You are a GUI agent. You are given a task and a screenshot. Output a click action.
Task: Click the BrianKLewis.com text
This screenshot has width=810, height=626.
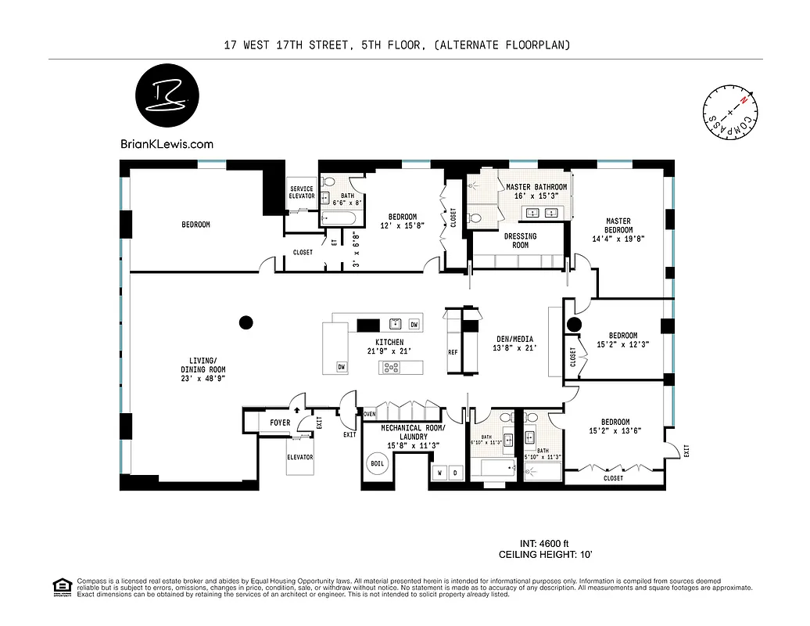click(167, 144)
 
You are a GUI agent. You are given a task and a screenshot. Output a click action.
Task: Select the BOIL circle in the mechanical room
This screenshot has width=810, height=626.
click(376, 462)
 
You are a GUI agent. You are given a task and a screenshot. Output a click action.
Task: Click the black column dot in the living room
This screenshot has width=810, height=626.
click(246, 322)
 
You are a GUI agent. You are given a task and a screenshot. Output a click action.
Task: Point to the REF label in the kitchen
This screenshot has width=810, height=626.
click(453, 352)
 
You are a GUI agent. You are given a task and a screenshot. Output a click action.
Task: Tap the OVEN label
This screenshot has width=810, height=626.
click(371, 414)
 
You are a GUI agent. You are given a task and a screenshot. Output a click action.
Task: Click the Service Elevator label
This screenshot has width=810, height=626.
click(302, 192)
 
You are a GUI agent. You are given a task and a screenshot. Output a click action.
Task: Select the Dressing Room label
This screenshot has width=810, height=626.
click(520, 240)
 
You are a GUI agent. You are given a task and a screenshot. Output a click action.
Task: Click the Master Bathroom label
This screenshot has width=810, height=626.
click(536, 188)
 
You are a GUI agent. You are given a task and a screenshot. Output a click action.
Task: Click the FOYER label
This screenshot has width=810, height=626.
click(280, 423)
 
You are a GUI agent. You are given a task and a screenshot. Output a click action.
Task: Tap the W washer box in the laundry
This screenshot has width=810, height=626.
click(439, 473)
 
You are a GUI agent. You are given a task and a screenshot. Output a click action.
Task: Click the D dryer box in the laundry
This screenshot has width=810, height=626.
click(456, 473)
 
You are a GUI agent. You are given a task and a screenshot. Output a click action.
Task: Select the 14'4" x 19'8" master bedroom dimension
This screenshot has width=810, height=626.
click(618, 240)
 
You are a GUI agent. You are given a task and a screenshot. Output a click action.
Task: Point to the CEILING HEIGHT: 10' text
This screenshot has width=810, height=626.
click(545, 555)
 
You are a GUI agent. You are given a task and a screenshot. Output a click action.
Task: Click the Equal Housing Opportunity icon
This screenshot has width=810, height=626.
click(61, 586)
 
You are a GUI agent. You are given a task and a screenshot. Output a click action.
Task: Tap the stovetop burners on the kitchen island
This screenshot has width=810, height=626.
click(389, 367)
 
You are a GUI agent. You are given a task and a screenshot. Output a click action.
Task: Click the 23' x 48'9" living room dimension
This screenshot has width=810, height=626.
click(203, 379)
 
